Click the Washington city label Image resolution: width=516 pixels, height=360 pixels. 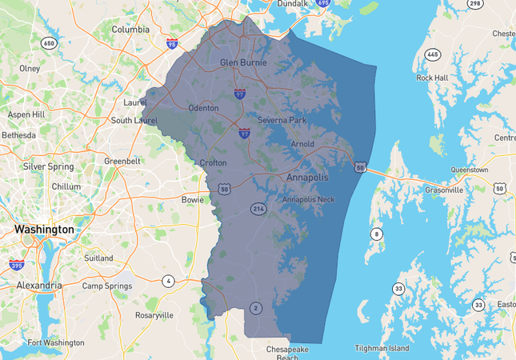tap(43, 230)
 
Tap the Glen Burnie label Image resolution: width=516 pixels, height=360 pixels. tap(242, 62)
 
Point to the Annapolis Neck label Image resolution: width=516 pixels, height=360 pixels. tap(308, 199)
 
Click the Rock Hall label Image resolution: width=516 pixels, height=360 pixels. tap(433, 78)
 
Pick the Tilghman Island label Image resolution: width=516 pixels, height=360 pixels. tap(382, 349)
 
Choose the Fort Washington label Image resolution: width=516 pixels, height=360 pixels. tap(56, 342)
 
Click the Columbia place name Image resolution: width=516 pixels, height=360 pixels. tap(130, 30)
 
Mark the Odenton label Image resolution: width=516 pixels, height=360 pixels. tap(203, 108)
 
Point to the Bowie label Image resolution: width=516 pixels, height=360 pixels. tap(193, 199)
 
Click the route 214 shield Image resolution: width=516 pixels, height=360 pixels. tap(258, 209)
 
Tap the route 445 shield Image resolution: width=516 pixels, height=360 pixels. tap(433, 54)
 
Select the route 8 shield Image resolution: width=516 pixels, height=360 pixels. tap(375, 234)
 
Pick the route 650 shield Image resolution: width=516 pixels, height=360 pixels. tap(49, 42)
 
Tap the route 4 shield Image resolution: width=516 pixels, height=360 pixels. tap(168, 281)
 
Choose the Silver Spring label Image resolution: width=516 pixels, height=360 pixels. tap(48, 166)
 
